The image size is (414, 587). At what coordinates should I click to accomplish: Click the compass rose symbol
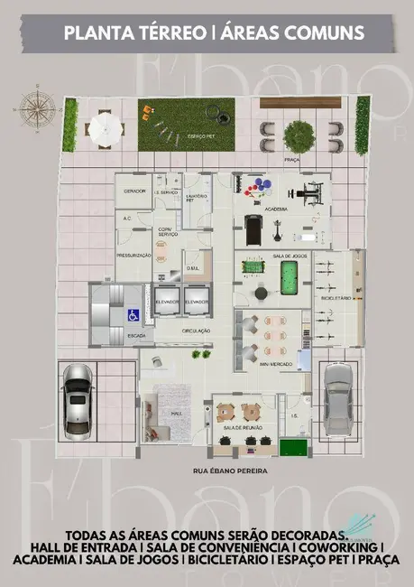(x=36, y=108)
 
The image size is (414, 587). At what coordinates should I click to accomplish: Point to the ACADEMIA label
(x=276, y=209)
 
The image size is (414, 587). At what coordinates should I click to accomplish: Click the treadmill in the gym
(x=255, y=227)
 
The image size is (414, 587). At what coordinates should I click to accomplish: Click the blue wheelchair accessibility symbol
(x=132, y=315)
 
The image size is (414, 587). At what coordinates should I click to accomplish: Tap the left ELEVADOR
(x=166, y=302)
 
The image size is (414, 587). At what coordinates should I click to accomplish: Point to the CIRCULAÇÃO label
(x=197, y=331)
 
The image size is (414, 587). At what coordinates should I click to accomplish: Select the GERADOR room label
(x=134, y=192)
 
